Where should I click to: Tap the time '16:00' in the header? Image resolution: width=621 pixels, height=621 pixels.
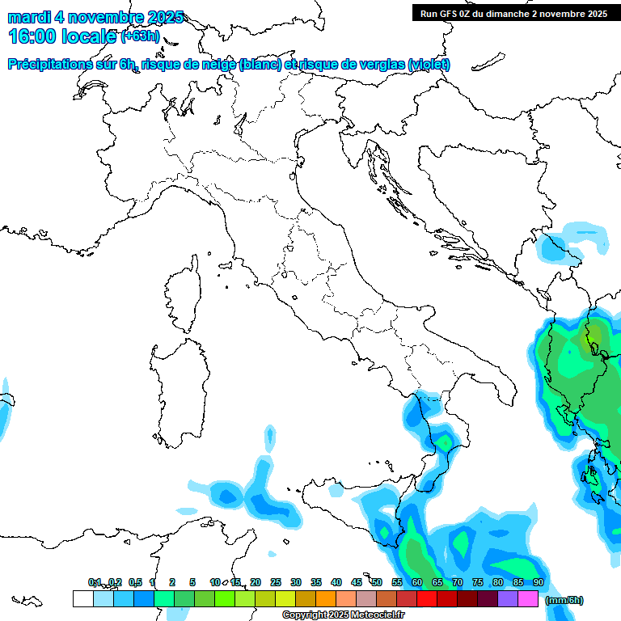[x=32, y=36]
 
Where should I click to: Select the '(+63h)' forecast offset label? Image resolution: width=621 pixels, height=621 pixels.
[x=140, y=36]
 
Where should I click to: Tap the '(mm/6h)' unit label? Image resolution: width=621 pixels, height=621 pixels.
[x=564, y=600]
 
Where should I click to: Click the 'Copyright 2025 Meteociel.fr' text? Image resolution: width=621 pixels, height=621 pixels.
[x=343, y=615]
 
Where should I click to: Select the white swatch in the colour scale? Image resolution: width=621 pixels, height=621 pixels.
[x=82, y=598]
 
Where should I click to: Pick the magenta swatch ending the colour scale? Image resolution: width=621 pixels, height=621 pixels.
[x=528, y=598]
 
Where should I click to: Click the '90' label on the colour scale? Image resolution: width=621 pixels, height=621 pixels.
[x=538, y=582]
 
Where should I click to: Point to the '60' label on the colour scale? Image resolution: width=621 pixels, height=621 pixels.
[x=416, y=582]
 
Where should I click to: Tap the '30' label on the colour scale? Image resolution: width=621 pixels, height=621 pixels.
[x=296, y=582]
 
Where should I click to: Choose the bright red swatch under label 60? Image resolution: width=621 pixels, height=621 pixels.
[x=426, y=598]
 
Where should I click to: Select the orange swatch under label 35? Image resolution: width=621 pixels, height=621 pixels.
[x=325, y=598]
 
